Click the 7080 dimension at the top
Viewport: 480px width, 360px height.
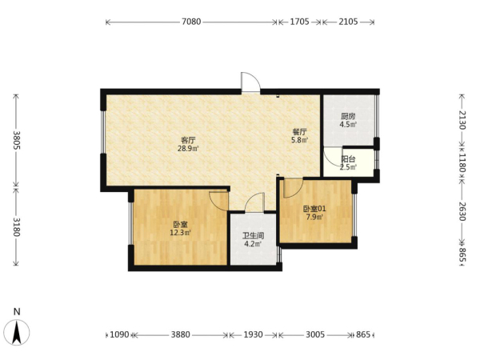(x=191, y=22)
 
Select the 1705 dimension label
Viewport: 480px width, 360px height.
(x=299, y=22)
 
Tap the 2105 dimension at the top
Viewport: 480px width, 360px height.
(x=348, y=22)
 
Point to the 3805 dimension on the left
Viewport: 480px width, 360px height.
(x=16, y=140)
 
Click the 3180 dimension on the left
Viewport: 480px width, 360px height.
(x=16, y=227)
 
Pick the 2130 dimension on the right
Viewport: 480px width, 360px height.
(x=462, y=120)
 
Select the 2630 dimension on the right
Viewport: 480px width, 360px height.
(x=462, y=211)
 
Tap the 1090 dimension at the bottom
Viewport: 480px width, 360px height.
(x=119, y=334)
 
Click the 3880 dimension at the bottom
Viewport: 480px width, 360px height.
(x=181, y=334)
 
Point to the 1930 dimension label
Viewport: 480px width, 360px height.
(x=253, y=334)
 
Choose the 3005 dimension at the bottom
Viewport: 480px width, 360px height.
(x=315, y=334)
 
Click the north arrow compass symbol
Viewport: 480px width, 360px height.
(x=18, y=332)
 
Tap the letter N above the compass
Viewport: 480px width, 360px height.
(x=17, y=312)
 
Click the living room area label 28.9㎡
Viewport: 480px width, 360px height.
(x=188, y=149)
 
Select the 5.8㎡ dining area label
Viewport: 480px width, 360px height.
(x=300, y=140)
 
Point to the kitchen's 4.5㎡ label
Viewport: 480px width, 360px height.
(x=348, y=124)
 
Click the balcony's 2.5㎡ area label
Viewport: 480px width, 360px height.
(x=348, y=167)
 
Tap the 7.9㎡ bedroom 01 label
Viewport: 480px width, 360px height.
(x=314, y=217)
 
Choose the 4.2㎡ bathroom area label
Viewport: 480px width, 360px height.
(x=253, y=244)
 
